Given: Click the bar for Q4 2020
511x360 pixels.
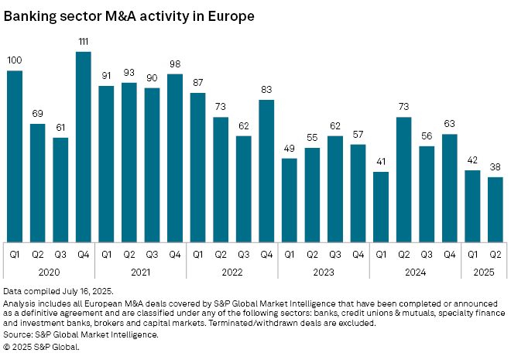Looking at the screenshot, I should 84,147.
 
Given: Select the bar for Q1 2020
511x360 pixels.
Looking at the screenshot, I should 15,156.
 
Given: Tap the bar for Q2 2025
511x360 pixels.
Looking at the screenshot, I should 495,209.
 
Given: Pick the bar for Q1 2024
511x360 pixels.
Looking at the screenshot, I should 380,207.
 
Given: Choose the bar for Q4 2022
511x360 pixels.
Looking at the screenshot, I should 266,171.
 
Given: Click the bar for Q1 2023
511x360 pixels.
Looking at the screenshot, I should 289,200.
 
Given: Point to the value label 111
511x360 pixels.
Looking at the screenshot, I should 84,41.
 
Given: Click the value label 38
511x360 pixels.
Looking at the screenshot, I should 495,166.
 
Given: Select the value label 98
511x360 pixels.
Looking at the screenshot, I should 175,63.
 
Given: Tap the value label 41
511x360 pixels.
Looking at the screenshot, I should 380,161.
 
